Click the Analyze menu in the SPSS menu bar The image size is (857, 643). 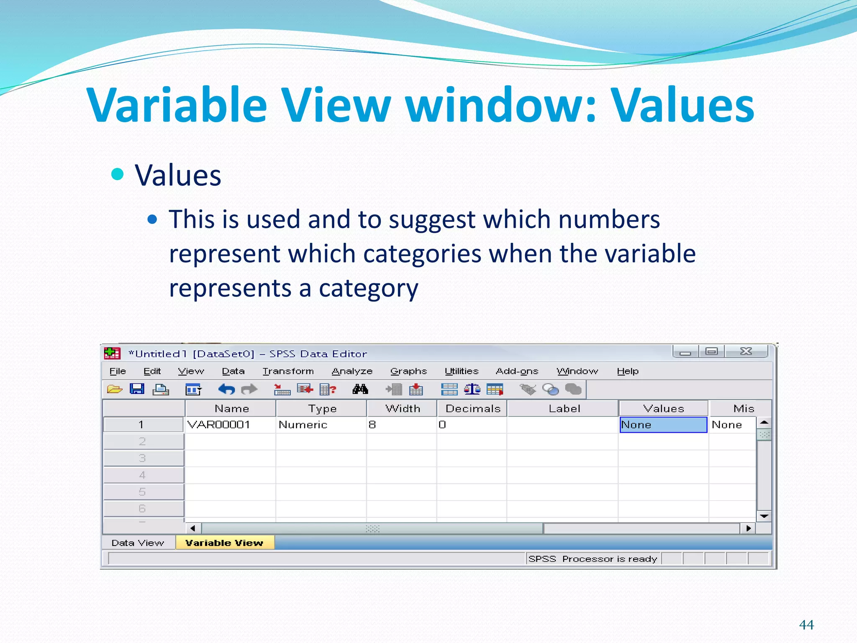pos(352,371)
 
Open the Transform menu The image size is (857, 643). pos(288,371)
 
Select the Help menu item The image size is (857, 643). pos(627,371)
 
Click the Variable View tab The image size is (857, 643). pos(224,543)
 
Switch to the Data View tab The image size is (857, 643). pos(138,543)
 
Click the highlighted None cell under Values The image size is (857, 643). pos(663,425)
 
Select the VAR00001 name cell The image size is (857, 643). pos(219,425)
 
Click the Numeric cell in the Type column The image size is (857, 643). pos(303,425)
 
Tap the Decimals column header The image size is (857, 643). pos(472,409)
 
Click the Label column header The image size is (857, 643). pos(564,409)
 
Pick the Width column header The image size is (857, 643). pos(403,409)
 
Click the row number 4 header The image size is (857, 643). pos(142,475)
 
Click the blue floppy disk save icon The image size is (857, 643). pos(137,389)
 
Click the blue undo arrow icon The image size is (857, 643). pos(226,390)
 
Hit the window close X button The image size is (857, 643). pos(746,351)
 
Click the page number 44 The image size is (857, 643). pos(806,625)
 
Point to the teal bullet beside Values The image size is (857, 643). pos(118,174)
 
